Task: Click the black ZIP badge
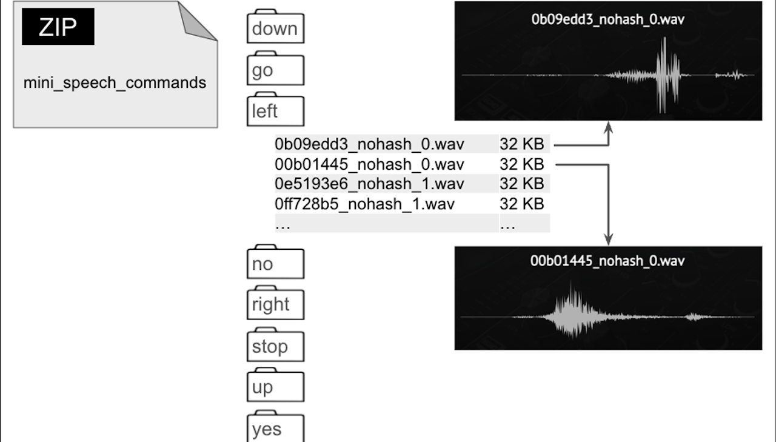pyautogui.click(x=58, y=27)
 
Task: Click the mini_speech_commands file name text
pyautogui.click(x=115, y=82)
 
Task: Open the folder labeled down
pyautogui.click(x=275, y=28)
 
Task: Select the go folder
pyautogui.click(x=275, y=70)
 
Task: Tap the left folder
pyautogui.click(x=275, y=110)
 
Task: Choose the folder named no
pyautogui.click(x=275, y=263)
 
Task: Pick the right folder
pyautogui.click(x=275, y=304)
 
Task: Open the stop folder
pyautogui.click(x=275, y=346)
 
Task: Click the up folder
pyautogui.click(x=275, y=387)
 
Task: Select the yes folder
pyautogui.click(x=275, y=428)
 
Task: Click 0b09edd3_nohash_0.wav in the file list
pyautogui.click(x=369, y=144)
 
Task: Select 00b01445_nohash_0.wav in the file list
pyautogui.click(x=369, y=164)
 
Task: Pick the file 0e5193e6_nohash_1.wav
pyautogui.click(x=369, y=184)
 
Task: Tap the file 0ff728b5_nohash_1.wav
pyautogui.click(x=364, y=204)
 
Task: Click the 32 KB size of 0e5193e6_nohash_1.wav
pyautogui.click(x=521, y=184)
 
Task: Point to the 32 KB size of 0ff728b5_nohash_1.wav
pyautogui.click(x=521, y=204)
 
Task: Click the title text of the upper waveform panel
pyautogui.click(x=608, y=19)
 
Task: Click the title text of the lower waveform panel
pyautogui.click(x=607, y=261)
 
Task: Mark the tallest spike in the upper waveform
pyautogui.click(x=664, y=73)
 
